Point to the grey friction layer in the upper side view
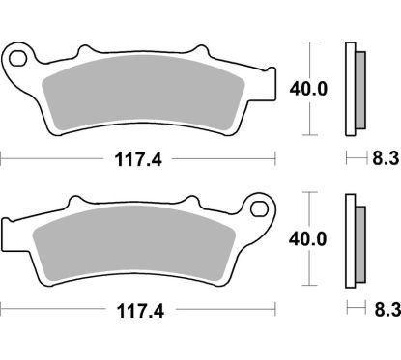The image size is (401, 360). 359,90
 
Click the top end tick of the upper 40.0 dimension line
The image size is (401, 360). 309,42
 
